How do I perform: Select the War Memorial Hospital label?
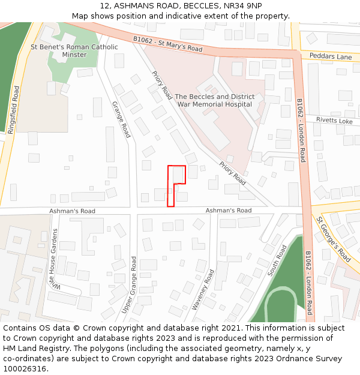214,100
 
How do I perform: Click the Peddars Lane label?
331,56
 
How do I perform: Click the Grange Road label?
121,119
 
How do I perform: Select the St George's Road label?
334,239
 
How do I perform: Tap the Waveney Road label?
202,289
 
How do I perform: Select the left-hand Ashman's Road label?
72,211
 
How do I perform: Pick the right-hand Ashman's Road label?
229,211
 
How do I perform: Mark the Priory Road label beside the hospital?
161,85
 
